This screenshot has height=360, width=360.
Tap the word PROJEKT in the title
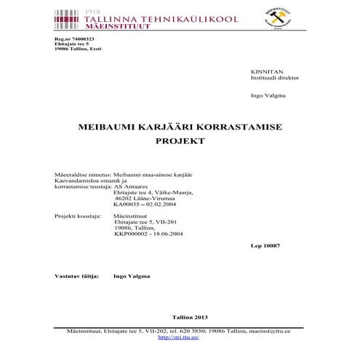click(180, 142)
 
